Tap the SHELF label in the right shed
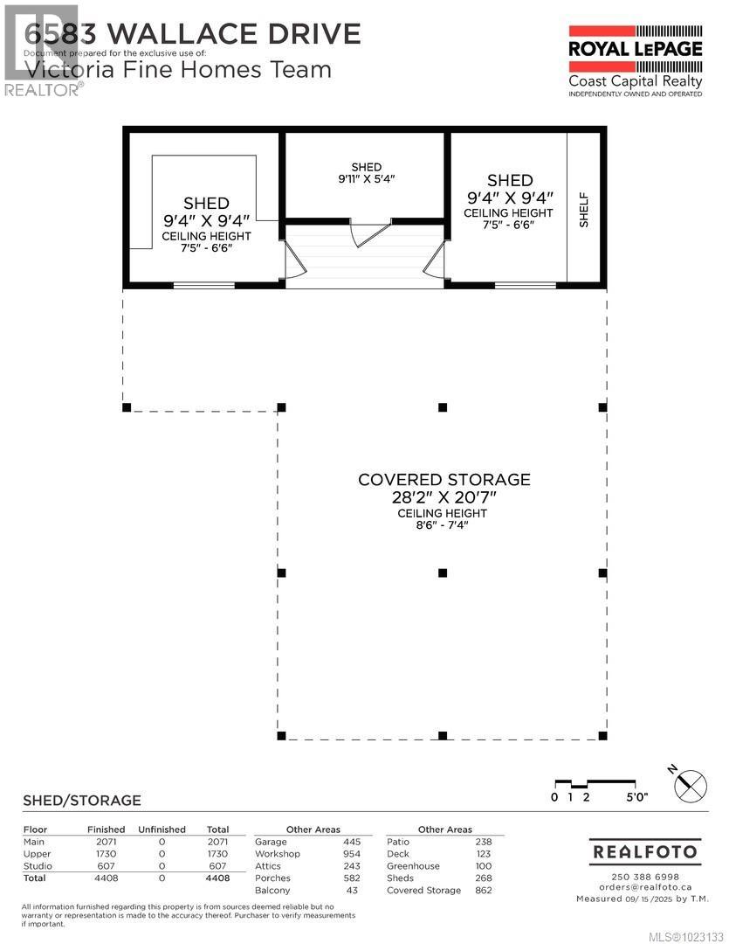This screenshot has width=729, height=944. (584, 210)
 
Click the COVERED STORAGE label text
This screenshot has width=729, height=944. (444, 480)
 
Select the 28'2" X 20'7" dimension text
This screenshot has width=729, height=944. (444, 497)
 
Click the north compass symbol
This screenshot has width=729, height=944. (689, 784)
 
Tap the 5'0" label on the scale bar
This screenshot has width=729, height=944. (636, 796)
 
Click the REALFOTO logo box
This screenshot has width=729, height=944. (643, 851)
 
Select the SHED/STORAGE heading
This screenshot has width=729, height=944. (81, 800)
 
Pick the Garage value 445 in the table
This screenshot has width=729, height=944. (352, 842)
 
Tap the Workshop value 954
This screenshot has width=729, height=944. (352, 854)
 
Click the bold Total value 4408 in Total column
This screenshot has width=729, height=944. (217, 878)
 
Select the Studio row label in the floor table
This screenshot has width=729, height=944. (37, 865)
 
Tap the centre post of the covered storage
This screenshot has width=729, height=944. (443, 573)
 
